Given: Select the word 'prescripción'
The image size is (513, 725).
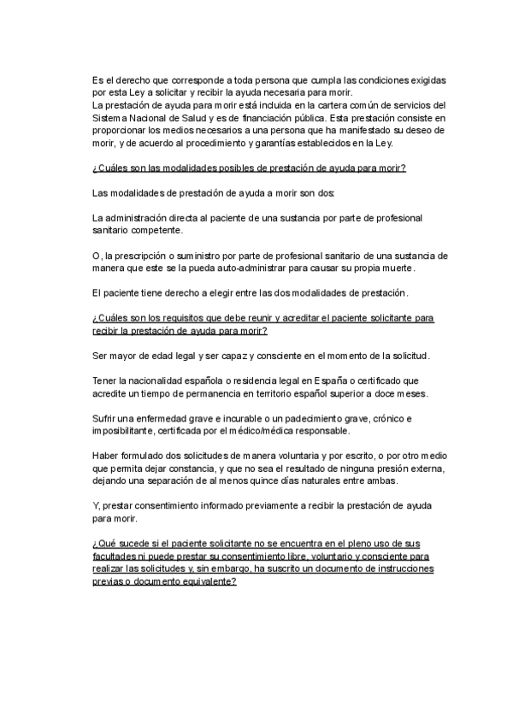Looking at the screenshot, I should point(144,256).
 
